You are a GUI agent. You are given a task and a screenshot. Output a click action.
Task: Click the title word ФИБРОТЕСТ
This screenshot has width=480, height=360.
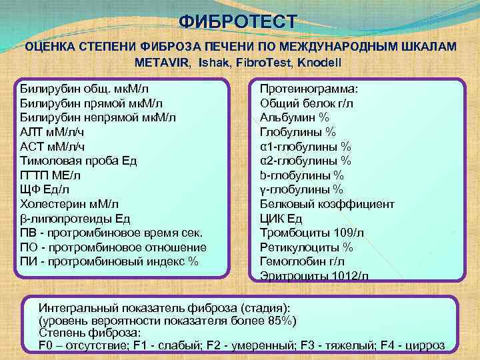[x=239, y=21]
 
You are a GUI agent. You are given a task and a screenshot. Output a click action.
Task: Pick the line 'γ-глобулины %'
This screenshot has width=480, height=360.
[x=301, y=189]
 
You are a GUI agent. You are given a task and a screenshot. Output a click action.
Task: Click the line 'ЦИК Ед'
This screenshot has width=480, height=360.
[x=281, y=218]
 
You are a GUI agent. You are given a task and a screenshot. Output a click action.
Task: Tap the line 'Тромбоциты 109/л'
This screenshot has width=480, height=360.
[x=311, y=233]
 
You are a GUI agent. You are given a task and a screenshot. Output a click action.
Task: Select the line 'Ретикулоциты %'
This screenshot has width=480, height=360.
[x=306, y=247]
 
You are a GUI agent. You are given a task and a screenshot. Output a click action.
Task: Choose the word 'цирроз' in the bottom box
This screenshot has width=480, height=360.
[x=427, y=345]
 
